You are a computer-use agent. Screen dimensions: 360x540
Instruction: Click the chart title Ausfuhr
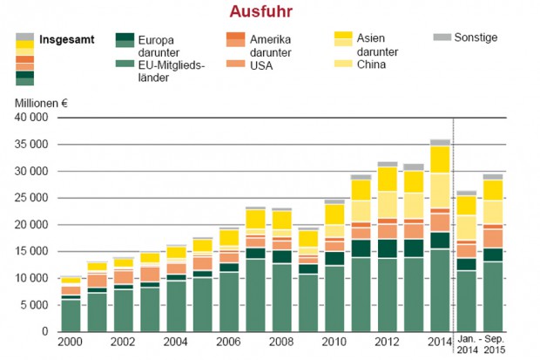click(x=260, y=12)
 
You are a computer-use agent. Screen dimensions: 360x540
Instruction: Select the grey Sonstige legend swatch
click(x=442, y=37)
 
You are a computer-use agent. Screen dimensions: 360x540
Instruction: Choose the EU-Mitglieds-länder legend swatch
click(x=125, y=63)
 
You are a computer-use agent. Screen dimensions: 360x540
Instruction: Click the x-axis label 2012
click(x=388, y=343)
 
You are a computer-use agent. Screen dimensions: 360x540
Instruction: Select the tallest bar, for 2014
click(x=440, y=235)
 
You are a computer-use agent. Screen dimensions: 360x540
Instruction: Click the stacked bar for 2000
click(x=71, y=304)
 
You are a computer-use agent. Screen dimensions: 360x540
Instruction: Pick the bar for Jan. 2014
click(x=467, y=262)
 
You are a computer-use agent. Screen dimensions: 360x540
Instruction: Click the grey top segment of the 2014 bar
click(x=440, y=142)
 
